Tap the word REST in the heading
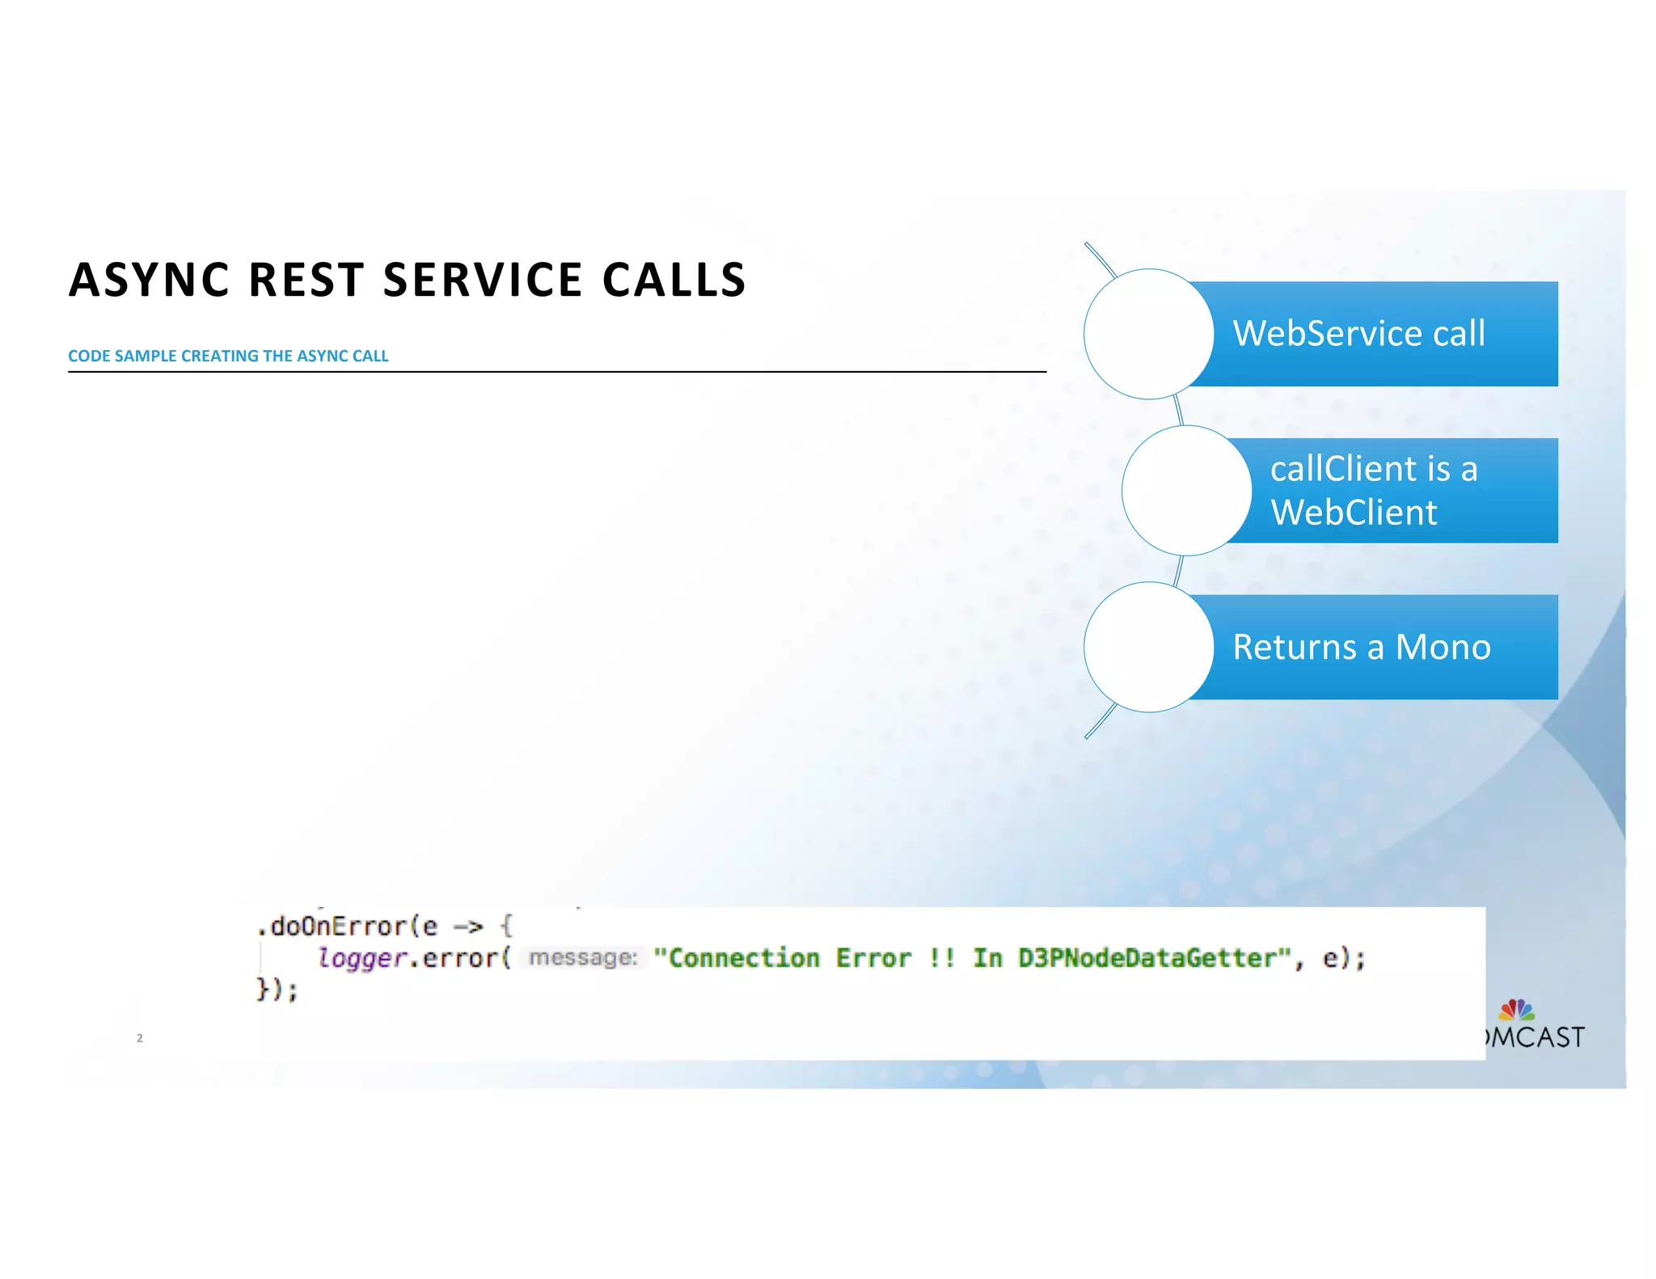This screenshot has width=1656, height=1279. [x=306, y=281]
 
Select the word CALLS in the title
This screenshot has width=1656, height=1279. [x=674, y=281]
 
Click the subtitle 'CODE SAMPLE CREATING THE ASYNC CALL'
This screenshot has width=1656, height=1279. [x=228, y=356]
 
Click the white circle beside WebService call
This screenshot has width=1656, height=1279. [x=1148, y=334]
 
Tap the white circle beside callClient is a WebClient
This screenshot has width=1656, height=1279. [x=1186, y=491]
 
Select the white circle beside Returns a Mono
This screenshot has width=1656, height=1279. [x=1148, y=647]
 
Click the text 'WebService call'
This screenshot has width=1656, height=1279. [x=1358, y=334]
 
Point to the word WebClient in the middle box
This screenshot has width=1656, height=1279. [x=1354, y=513]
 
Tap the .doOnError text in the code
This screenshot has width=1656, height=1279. [x=332, y=927]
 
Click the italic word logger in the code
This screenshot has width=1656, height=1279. [x=361, y=958]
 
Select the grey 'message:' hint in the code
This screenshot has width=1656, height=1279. [x=582, y=958]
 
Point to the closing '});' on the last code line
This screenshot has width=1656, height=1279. [x=277, y=990]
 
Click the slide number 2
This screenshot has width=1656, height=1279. [x=140, y=1038]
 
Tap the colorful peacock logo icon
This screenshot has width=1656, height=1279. [x=1516, y=1010]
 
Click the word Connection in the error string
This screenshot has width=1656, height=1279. [x=744, y=958]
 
